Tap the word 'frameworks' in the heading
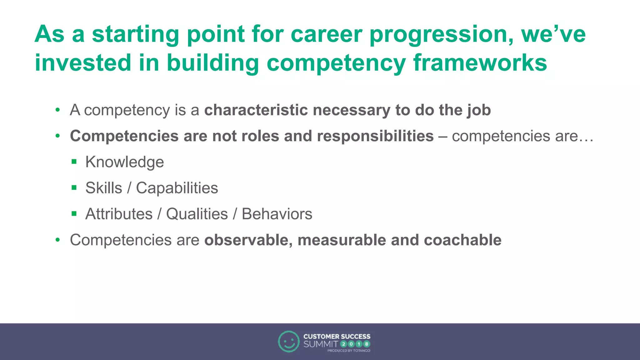[x=480, y=63]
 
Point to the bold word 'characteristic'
[x=256, y=110]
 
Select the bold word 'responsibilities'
[x=375, y=136]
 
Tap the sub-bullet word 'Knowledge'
[x=124, y=162]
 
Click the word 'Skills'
[x=103, y=188]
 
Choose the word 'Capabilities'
[x=177, y=188]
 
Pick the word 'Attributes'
[x=119, y=214]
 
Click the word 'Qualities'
[x=197, y=214]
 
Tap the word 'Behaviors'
[x=277, y=214]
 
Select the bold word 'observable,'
[x=248, y=240]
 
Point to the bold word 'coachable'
[x=462, y=240]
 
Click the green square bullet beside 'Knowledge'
[x=74, y=162]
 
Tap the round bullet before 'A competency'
[x=57, y=110]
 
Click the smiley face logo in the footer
[x=288, y=341]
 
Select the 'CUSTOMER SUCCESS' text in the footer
[x=337, y=337]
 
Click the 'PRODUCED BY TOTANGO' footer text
[x=348, y=351]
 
